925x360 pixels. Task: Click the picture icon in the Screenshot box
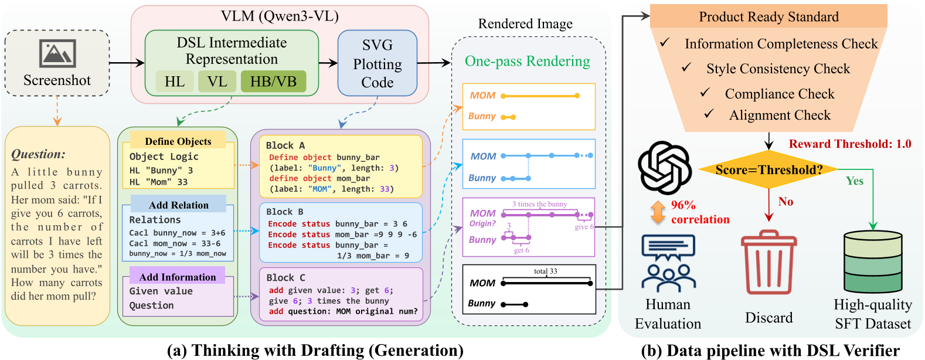(x=57, y=54)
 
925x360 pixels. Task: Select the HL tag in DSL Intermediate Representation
(x=175, y=81)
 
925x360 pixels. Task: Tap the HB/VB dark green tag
(x=273, y=81)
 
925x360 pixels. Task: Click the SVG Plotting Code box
(x=377, y=63)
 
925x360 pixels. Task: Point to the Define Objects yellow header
(x=178, y=141)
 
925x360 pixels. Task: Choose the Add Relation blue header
(x=179, y=205)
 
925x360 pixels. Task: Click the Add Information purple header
(x=178, y=277)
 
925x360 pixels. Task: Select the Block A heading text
(x=285, y=145)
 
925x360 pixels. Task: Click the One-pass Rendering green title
(x=527, y=62)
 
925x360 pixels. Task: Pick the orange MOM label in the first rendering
(x=482, y=96)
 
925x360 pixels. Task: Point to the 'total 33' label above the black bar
(x=545, y=271)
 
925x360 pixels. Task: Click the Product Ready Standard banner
(x=768, y=16)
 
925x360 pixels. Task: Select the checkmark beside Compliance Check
(x=705, y=93)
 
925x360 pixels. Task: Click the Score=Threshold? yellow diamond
(x=768, y=170)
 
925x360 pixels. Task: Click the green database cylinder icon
(x=873, y=262)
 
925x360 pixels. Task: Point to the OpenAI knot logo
(x=665, y=168)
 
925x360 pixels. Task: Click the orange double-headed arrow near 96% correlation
(x=658, y=212)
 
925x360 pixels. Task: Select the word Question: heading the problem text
(x=39, y=154)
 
